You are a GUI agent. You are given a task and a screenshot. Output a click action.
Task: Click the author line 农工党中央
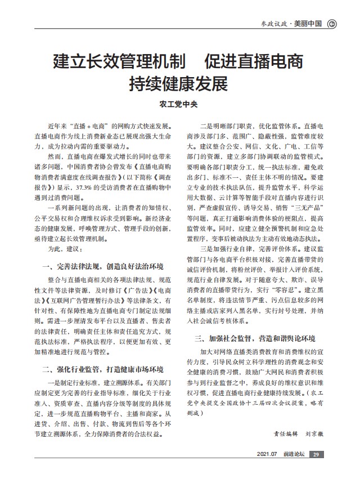(180, 104)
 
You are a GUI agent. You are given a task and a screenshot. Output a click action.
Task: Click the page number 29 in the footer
(316, 454)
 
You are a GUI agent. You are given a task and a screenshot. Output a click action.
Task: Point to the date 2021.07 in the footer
(267, 454)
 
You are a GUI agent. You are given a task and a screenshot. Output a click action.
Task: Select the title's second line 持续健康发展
(179, 83)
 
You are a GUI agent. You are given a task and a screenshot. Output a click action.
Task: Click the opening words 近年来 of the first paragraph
(60, 127)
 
